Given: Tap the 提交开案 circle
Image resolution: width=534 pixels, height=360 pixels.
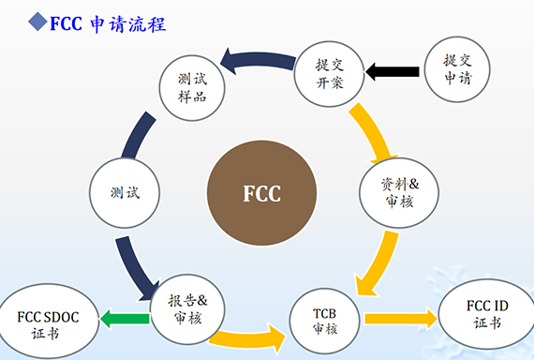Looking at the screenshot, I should pyautogui.click(x=327, y=71).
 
